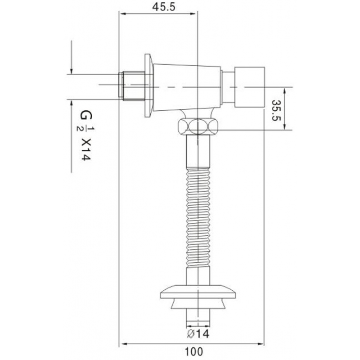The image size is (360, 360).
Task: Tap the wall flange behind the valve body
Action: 148,86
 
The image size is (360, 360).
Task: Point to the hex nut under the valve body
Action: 198,126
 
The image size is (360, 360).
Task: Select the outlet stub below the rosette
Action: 198,317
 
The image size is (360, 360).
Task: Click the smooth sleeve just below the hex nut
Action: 198,153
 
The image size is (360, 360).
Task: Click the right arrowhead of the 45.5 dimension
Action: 195,14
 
